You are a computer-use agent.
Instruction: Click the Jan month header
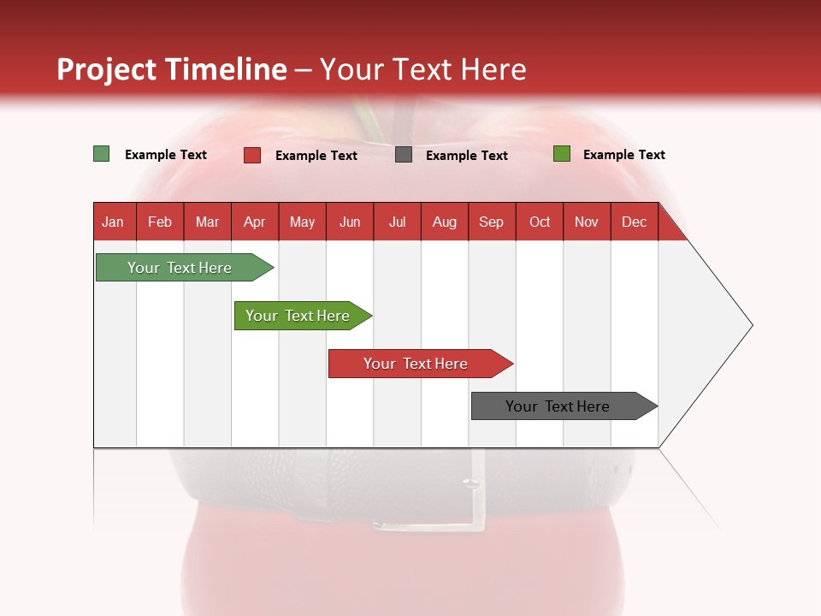click(x=114, y=222)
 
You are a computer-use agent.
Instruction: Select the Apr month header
click(x=255, y=222)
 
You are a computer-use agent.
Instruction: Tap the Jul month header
click(x=397, y=222)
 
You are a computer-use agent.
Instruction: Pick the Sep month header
click(x=491, y=222)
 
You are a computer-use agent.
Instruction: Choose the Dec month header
click(x=634, y=222)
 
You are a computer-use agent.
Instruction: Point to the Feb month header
click(x=160, y=222)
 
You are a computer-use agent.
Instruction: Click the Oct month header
click(x=540, y=222)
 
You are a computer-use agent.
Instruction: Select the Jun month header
click(x=350, y=222)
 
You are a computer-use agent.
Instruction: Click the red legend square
click(x=252, y=155)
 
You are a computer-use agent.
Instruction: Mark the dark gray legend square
click(x=404, y=155)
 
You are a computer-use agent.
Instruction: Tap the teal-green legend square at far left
click(x=102, y=154)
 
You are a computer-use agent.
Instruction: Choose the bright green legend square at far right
click(x=562, y=154)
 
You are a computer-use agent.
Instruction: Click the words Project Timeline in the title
click(x=172, y=69)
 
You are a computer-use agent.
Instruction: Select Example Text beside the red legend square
click(x=316, y=156)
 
